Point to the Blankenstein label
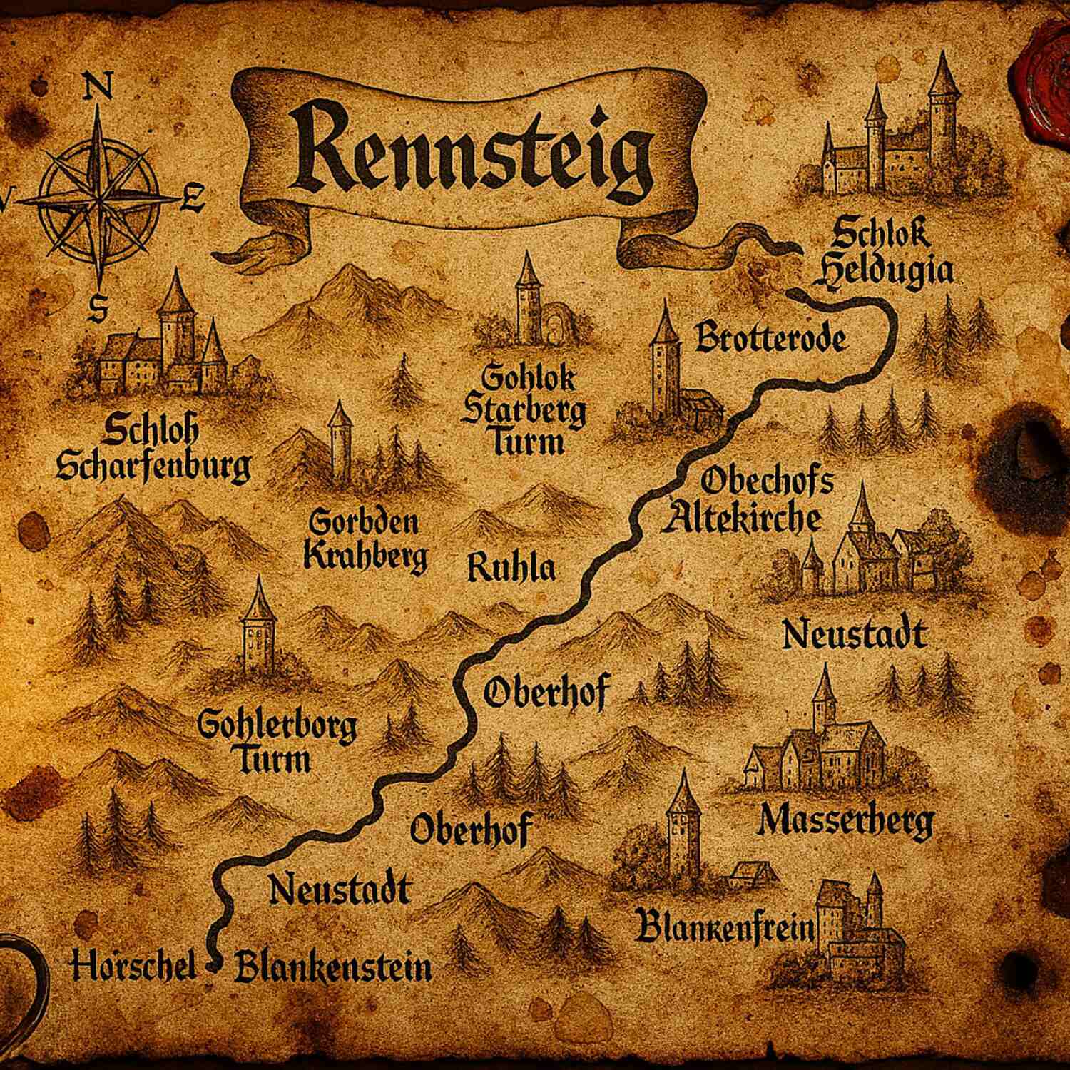(x=333, y=968)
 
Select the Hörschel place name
(x=133, y=967)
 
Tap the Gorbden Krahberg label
(x=365, y=541)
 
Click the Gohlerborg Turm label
(x=277, y=742)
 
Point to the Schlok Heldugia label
(x=882, y=253)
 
